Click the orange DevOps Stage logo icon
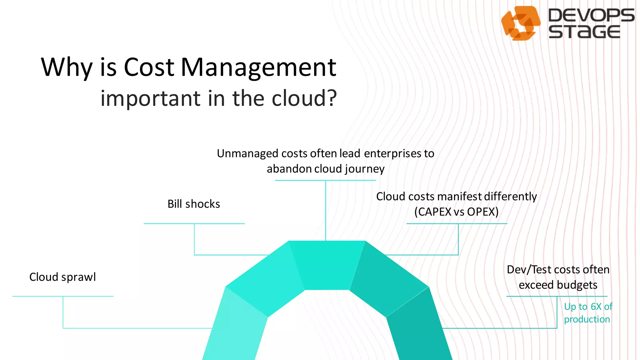[520, 23]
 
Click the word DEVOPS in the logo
[591, 15]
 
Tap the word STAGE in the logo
[584, 32]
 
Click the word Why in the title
[67, 67]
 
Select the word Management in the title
[258, 67]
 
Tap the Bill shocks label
[194, 204]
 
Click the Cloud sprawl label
[62, 277]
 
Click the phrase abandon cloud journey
[325, 169]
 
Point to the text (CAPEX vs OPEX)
[456, 212]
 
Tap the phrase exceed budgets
[558, 285]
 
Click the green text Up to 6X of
[588, 307]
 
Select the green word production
[587, 319]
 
